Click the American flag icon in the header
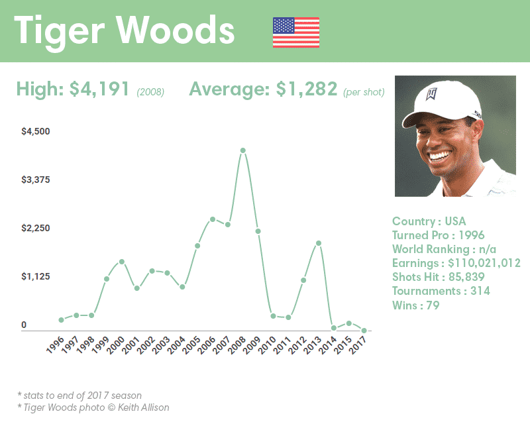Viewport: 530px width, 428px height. (295, 32)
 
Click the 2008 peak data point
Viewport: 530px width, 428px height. (243, 150)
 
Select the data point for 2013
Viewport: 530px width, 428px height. (319, 243)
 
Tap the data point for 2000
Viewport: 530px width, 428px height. (122, 262)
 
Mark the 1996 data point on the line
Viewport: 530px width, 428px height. (61, 320)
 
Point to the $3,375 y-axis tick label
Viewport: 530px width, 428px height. (36, 180)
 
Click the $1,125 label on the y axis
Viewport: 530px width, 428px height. (36, 276)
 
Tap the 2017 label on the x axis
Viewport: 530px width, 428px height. (358, 345)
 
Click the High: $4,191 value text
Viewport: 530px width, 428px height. (73, 89)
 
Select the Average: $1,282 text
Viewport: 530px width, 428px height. (263, 89)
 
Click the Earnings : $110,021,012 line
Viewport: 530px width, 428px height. (456, 263)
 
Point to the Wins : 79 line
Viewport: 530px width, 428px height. (415, 305)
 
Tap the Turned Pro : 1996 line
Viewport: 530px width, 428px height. (438, 235)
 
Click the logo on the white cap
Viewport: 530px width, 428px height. (433, 93)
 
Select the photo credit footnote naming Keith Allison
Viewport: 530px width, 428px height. (93, 407)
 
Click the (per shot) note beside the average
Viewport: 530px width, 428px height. (364, 92)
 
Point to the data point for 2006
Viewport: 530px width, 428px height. (213, 219)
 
